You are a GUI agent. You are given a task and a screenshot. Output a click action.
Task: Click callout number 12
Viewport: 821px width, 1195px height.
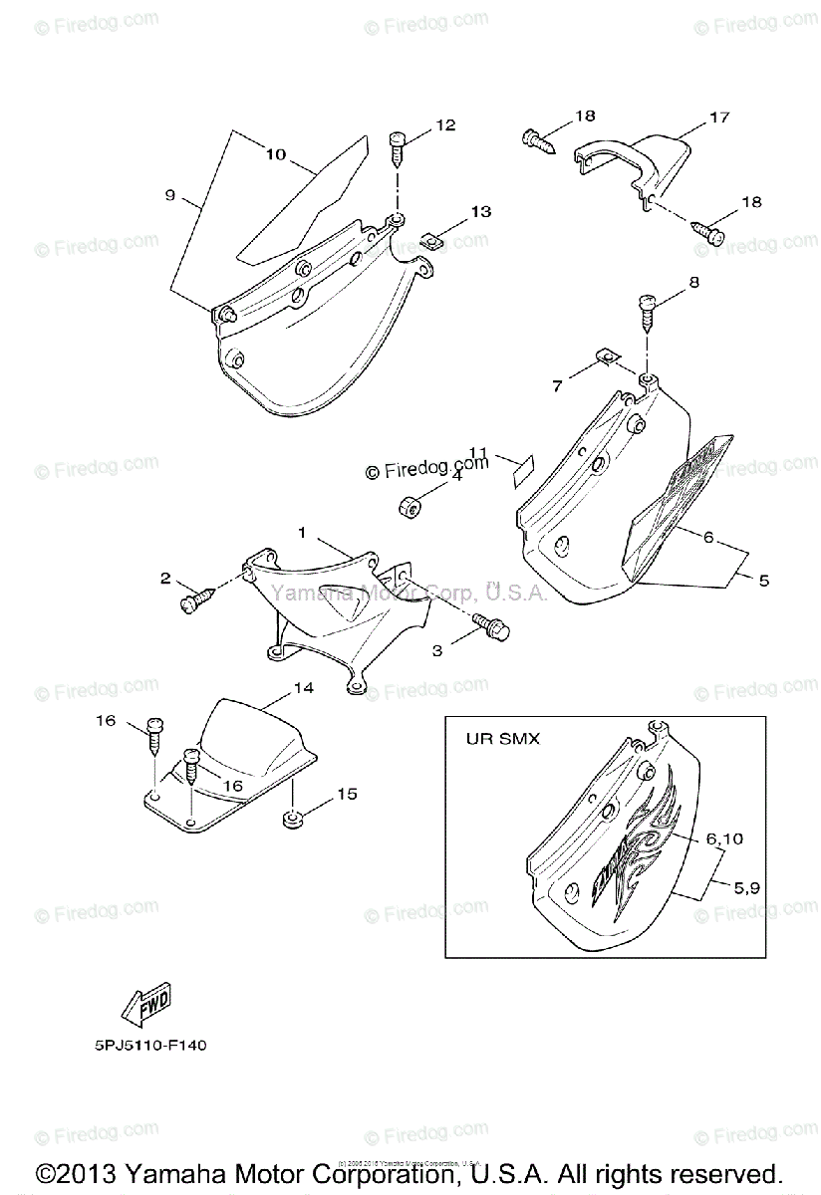pyautogui.click(x=444, y=125)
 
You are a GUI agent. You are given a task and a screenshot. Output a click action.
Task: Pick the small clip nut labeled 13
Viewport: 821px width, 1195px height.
pyautogui.click(x=431, y=239)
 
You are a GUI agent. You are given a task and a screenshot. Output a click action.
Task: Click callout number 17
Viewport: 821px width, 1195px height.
pyautogui.click(x=718, y=118)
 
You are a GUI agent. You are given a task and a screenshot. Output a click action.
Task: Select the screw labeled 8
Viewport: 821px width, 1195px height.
pyautogui.click(x=648, y=310)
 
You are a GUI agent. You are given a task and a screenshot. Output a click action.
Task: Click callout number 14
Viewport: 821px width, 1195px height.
pyautogui.click(x=303, y=688)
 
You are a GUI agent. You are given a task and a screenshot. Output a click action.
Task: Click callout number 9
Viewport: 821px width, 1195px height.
pyautogui.click(x=169, y=196)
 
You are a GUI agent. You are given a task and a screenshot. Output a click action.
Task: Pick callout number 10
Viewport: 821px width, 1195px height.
pyautogui.click(x=275, y=154)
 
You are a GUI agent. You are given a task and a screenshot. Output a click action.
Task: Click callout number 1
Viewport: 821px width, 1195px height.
pyautogui.click(x=300, y=534)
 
